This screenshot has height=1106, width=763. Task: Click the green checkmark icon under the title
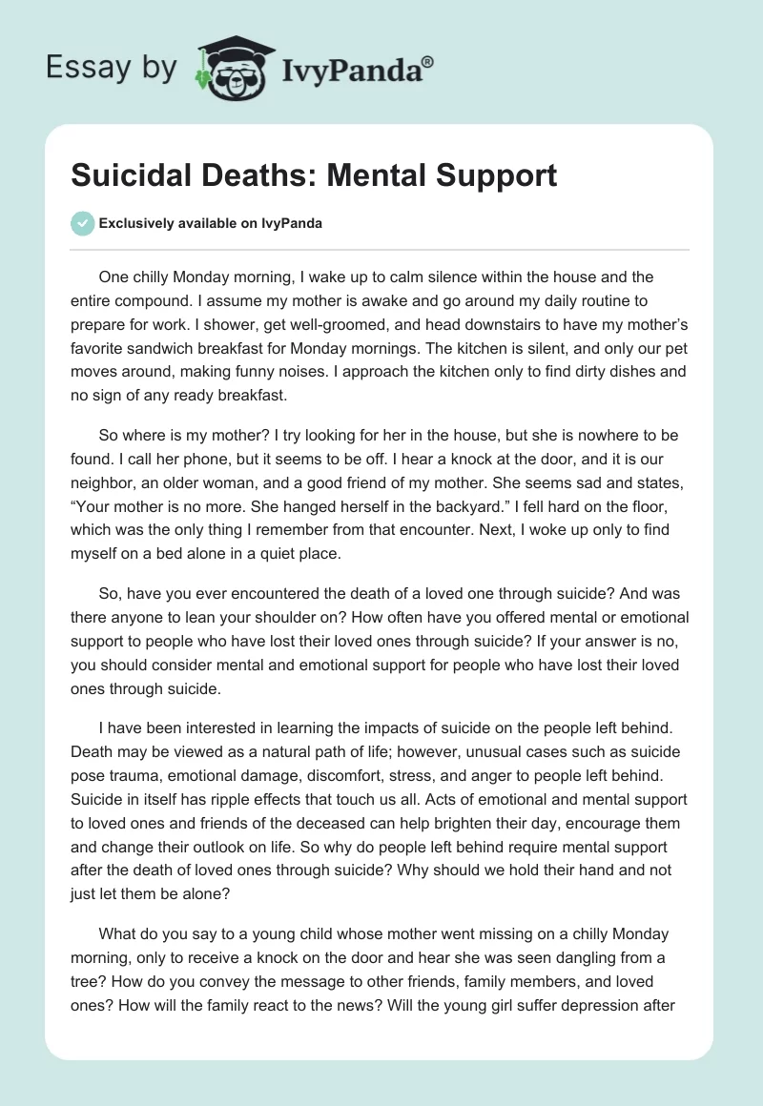click(82, 223)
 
